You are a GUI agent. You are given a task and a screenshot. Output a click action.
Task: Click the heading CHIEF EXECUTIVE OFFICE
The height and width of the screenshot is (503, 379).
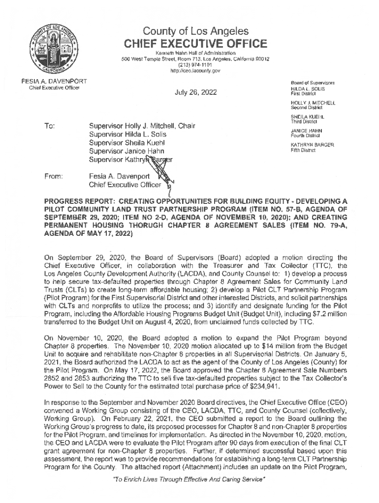click(195, 44)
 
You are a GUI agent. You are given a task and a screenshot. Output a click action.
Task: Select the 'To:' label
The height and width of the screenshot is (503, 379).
click(49, 126)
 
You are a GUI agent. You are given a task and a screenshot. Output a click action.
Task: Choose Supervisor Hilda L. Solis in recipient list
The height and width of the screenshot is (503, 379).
click(127, 134)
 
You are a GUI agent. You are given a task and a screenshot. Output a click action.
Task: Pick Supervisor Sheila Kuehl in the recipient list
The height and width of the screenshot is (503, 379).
click(129, 142)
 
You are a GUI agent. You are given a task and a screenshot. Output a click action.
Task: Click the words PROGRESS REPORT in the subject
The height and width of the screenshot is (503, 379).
click(77, 202)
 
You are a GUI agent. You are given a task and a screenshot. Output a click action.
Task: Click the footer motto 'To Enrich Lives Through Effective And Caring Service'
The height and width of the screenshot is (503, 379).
click(195, 492)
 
